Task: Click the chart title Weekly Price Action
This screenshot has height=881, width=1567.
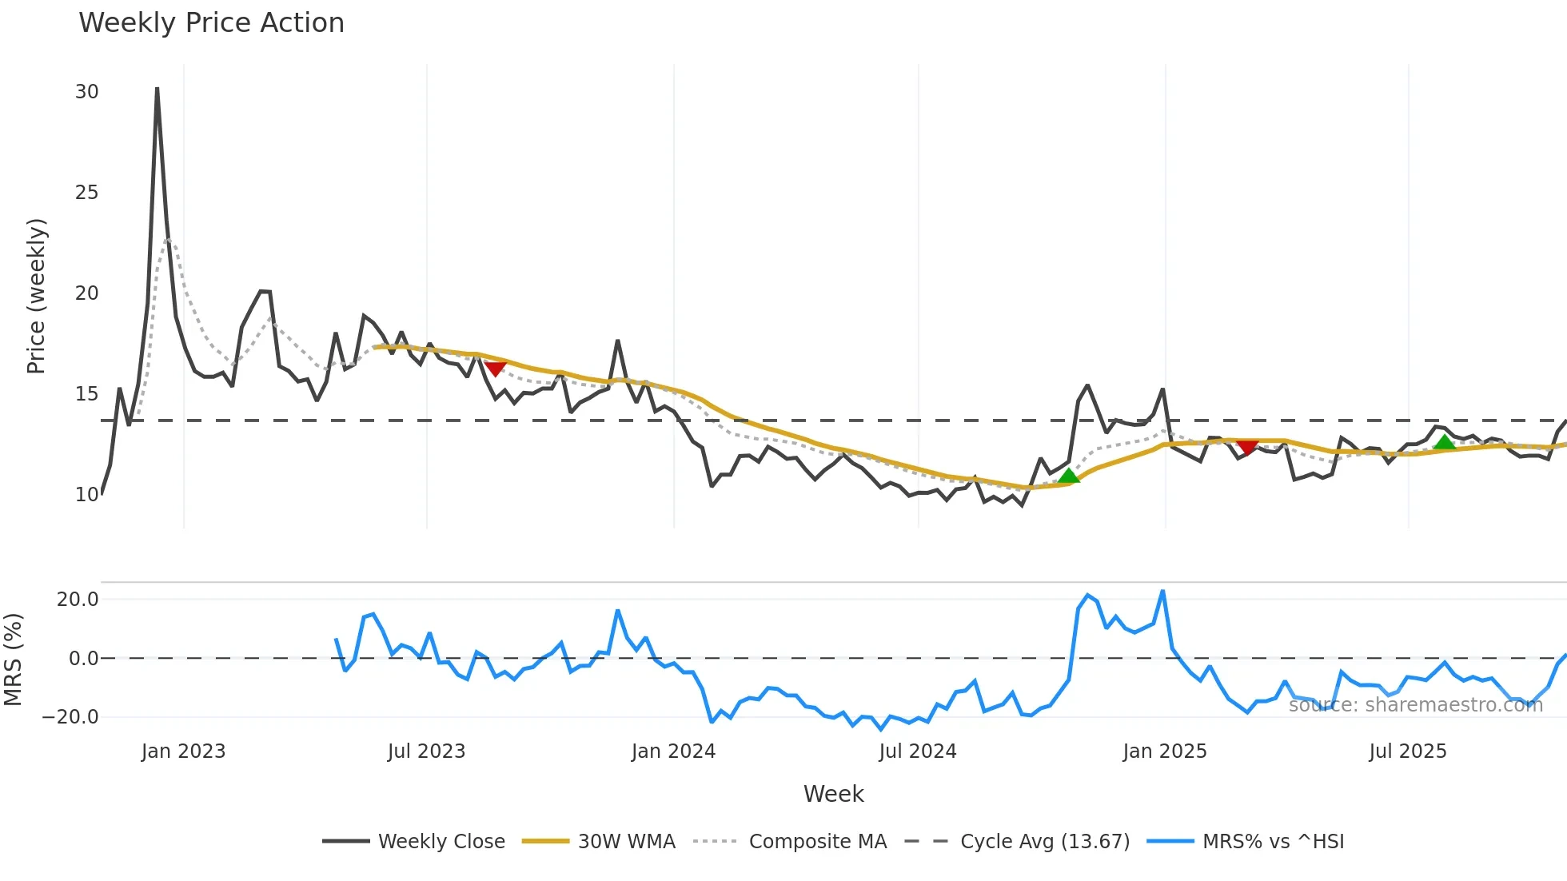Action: pos(211,23)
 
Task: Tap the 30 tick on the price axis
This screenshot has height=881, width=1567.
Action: pos(86,92)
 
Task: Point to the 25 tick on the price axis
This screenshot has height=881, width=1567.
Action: pos(86,193)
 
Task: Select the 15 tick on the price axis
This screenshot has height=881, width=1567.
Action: pos(86,394)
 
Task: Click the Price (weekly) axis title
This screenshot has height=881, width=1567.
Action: pos(37,296)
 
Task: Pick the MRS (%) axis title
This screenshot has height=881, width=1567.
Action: pos(14,660)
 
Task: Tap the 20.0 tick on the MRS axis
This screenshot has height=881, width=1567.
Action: pos(78,600)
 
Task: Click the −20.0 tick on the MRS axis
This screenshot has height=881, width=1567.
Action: pos(70,717)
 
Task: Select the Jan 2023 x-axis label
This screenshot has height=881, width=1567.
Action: pos(183,751)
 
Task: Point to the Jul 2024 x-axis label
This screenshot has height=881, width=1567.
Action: pos(917,751)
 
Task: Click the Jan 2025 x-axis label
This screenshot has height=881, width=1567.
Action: pos(1164,751)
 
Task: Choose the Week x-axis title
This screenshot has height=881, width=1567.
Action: pos(833,794)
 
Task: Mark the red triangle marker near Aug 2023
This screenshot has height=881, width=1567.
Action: pos(495,369)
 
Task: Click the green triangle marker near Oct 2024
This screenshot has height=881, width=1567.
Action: pos(1068,476)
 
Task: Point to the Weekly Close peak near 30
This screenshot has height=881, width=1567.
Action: pos(157,89)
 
